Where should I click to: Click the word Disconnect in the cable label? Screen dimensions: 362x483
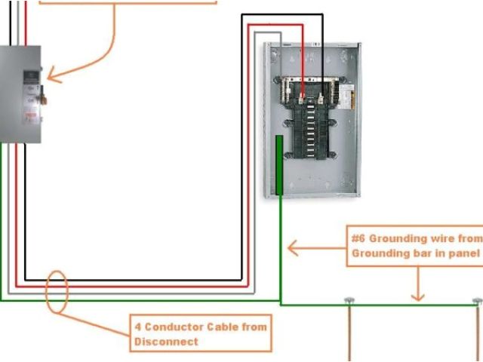[x=166, y=342]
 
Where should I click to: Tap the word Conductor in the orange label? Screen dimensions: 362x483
[x=177, y=327]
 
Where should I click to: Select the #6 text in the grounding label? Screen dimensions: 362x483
[x=358, y=238]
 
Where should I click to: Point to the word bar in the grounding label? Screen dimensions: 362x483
[x=432, y=253]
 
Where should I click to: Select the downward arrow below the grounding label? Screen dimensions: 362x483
[x=417, y=287]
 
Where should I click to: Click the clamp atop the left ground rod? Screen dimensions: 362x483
[x=349, y=302]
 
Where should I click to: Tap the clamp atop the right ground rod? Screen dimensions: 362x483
[x=477, y=302]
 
